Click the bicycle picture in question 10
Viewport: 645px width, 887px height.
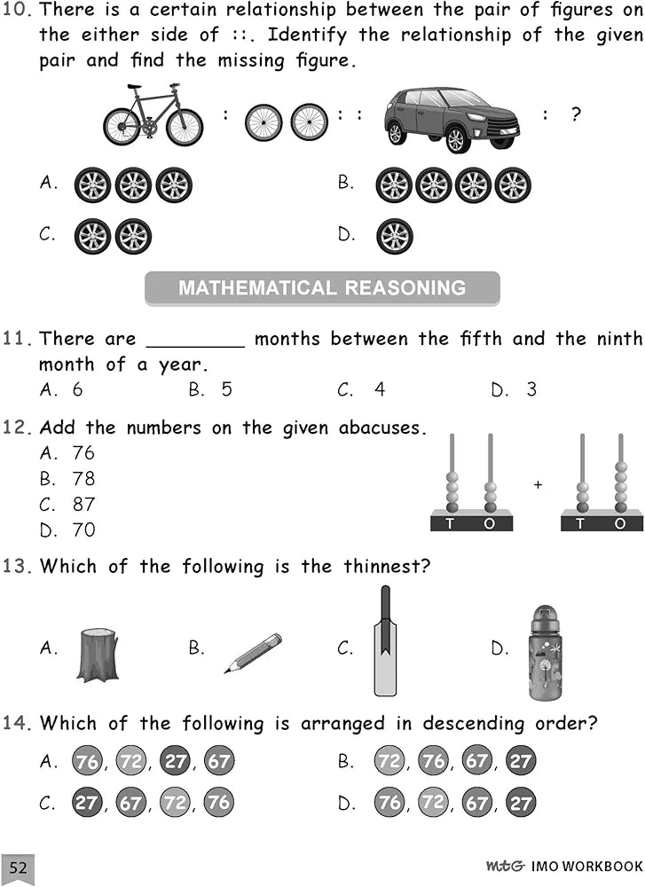[153, 115]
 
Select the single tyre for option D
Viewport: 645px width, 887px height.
[394, 237]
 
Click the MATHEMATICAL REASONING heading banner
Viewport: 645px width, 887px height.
[322, 288]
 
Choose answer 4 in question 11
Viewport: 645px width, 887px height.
[379, 389]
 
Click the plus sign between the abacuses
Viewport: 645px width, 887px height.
[538, 485]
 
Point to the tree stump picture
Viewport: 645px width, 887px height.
[97, 655]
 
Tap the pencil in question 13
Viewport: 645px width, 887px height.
[253, 653]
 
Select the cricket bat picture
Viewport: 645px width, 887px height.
[384, 640]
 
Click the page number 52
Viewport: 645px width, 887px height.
[19, 867]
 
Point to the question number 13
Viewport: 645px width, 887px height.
[18, 566]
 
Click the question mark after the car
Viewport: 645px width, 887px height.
[576, 114]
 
